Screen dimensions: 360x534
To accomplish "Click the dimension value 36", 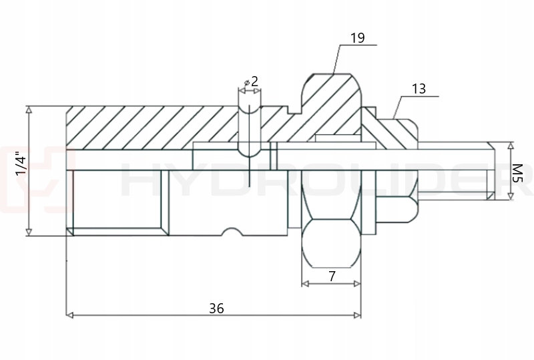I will tap(216, 308).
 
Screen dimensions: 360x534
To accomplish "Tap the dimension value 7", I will tap(331, 276).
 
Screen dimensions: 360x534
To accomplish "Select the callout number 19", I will tap(357, 37).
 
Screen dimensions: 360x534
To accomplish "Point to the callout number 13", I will tap(419, 88).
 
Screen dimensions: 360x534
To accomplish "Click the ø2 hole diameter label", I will tap(252, 81).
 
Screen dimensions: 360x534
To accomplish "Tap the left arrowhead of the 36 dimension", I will tap(70, 315).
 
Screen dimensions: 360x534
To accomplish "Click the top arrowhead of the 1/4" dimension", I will tap(29, 109).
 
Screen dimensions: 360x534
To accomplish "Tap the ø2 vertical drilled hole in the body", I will tap(249, 127).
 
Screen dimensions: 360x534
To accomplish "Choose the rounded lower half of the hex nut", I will tap(331, 244).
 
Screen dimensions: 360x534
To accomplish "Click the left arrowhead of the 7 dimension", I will tap(305, 284).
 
